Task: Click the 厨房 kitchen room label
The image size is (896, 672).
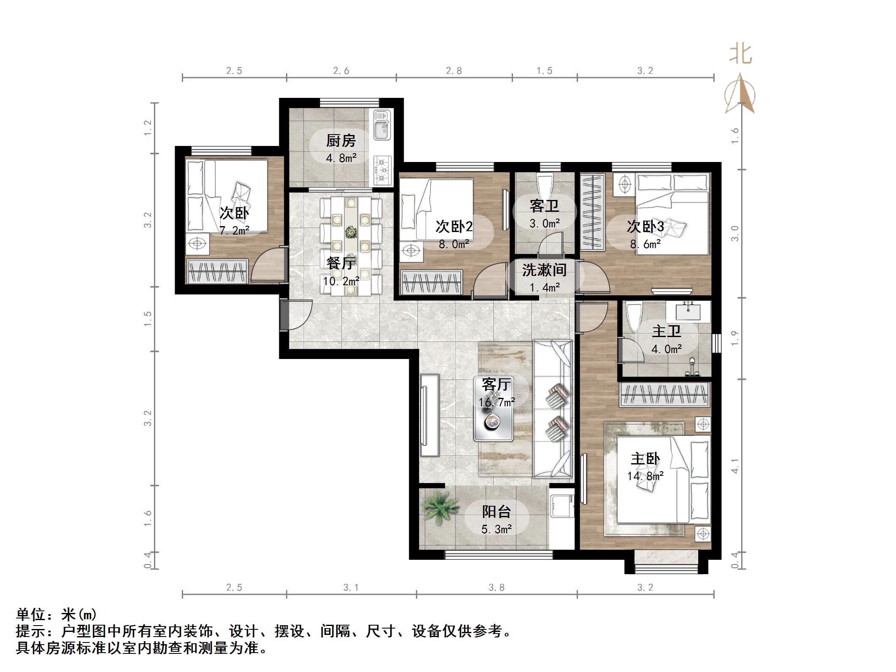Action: [x=340, y=140]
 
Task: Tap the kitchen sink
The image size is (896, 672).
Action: [x=383, y=124]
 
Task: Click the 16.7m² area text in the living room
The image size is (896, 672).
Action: [x=497, y=402]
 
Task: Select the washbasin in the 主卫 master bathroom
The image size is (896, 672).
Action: [x=688, y=312]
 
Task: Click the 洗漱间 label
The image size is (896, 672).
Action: [x=544, y=270]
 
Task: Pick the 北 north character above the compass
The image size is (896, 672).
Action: [x=741, y=55]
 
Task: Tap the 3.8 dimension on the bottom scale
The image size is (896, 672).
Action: [x=497, y=587]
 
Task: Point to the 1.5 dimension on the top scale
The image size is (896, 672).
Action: [x=544, y=71]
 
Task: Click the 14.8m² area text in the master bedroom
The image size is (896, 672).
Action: [x=645, y=476]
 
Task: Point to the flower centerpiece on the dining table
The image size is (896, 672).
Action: [x=350, y=232]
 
